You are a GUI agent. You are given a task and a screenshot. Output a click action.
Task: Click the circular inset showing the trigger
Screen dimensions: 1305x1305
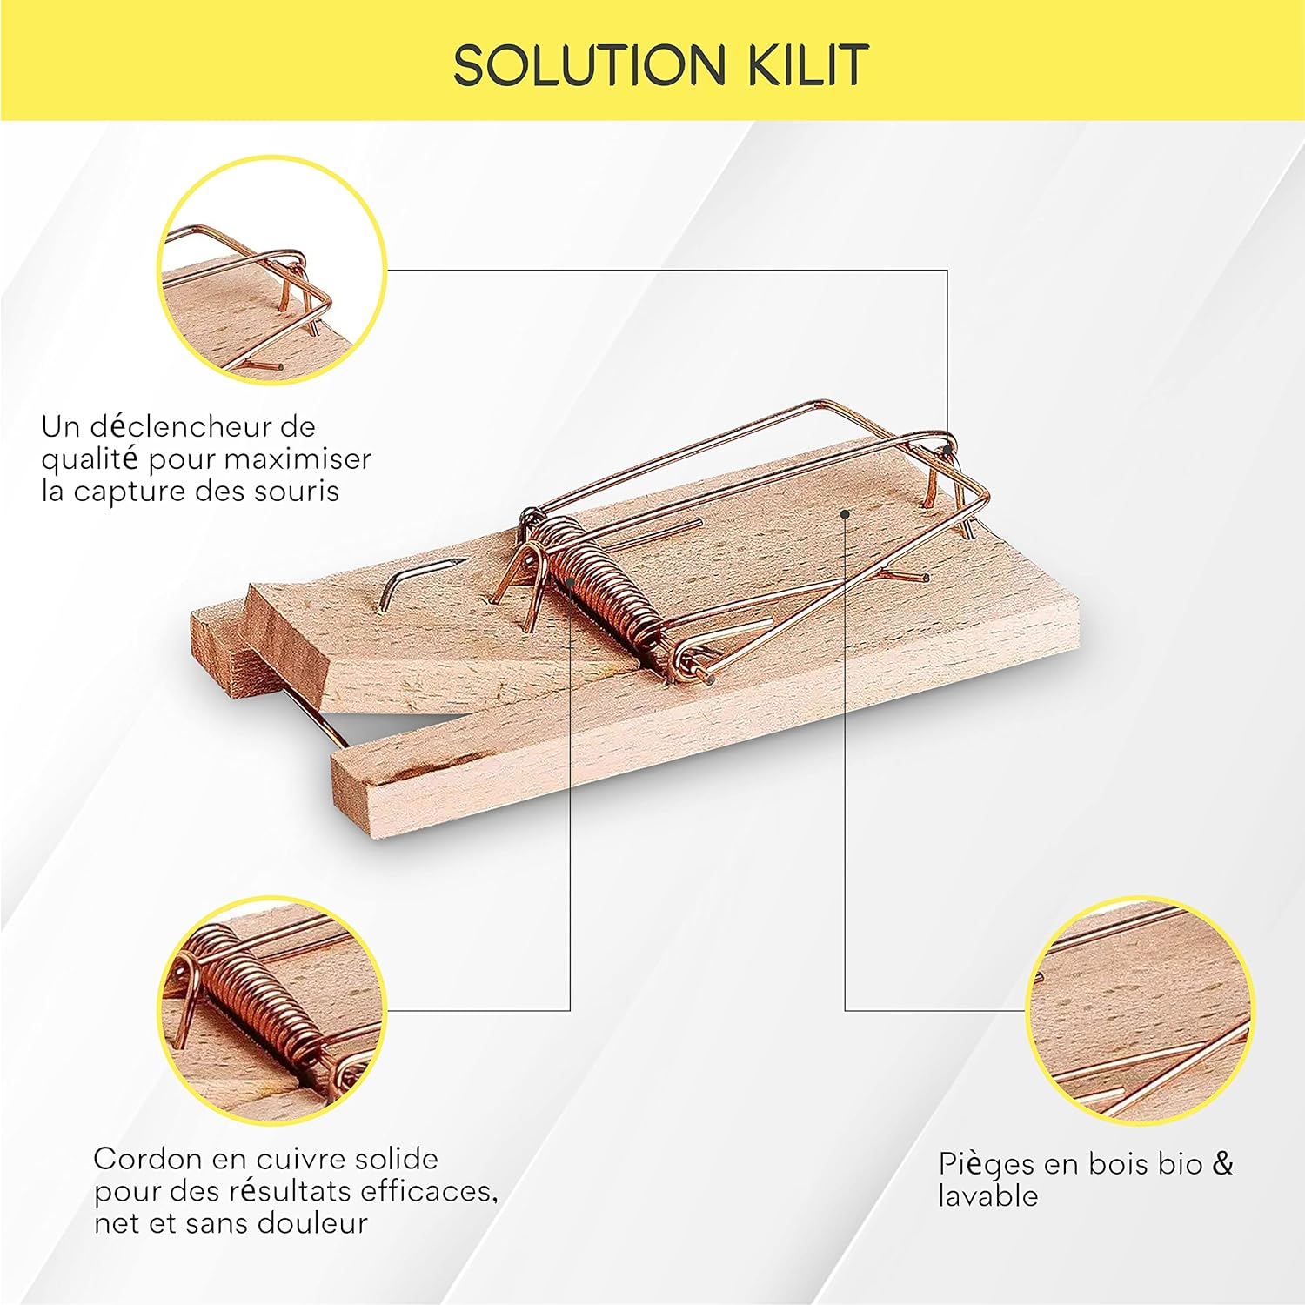[271, 270]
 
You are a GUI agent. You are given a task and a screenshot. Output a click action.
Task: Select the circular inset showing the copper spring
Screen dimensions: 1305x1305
[271, 1010]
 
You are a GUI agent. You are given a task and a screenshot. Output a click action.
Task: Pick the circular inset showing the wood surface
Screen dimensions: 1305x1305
[1141, 1010]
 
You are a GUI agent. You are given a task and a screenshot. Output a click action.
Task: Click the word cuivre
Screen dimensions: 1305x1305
[300, 1159]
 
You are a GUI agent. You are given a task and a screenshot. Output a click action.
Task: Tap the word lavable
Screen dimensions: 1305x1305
[988, 1196]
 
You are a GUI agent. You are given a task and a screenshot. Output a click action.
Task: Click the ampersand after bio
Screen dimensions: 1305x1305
[1223, 1163]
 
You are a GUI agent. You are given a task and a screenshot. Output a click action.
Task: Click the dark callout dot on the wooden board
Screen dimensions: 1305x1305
[845, 514]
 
